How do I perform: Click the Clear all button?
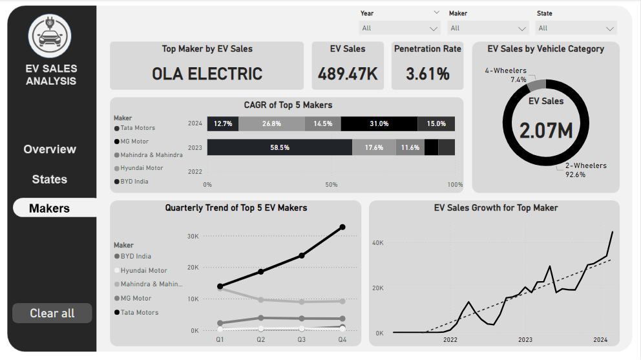pyautogui.click(x=52, y=313)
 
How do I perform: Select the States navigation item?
pyautogui.click(x=50, y=180)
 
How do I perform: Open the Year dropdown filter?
pyautogui.click(x=399, y=28)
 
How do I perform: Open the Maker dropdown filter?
pyautogui.click(x=488, y=28)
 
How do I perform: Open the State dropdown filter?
pyautogui.click(x=576, y=28)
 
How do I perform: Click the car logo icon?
pyautogui.click(x=50, y=36)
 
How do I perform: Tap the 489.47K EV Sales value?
pyautogui.click(x=348, y=74)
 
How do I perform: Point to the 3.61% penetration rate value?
pyautogui.click(x=427, y=74)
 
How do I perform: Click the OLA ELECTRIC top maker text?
pyautogui.click(x=207, y=74)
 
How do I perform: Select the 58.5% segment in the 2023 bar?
pyautogui.click(x=280, y=147)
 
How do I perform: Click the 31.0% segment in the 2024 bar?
pyautogui.click(x=379, y=123)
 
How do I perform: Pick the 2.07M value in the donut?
pyautogui.click(x=546, y=131)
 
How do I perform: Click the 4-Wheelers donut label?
pyautogui.click(x=506, y=70)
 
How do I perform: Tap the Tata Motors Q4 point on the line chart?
pyautogui.click(x=342, y=227)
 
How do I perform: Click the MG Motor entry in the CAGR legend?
pyautogui.click(x=134, y=142)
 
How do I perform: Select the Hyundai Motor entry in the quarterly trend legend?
pyautogui.click(x=143, y=271)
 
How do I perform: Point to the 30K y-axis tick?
pyautogui.click(x=193, y=237)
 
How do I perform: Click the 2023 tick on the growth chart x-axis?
pyautogui.click(x=525, y=340)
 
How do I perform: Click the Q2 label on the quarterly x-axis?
pyautogui.click(x=260, y=339)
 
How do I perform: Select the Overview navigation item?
pyautogui.click(x=50, y=149)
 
